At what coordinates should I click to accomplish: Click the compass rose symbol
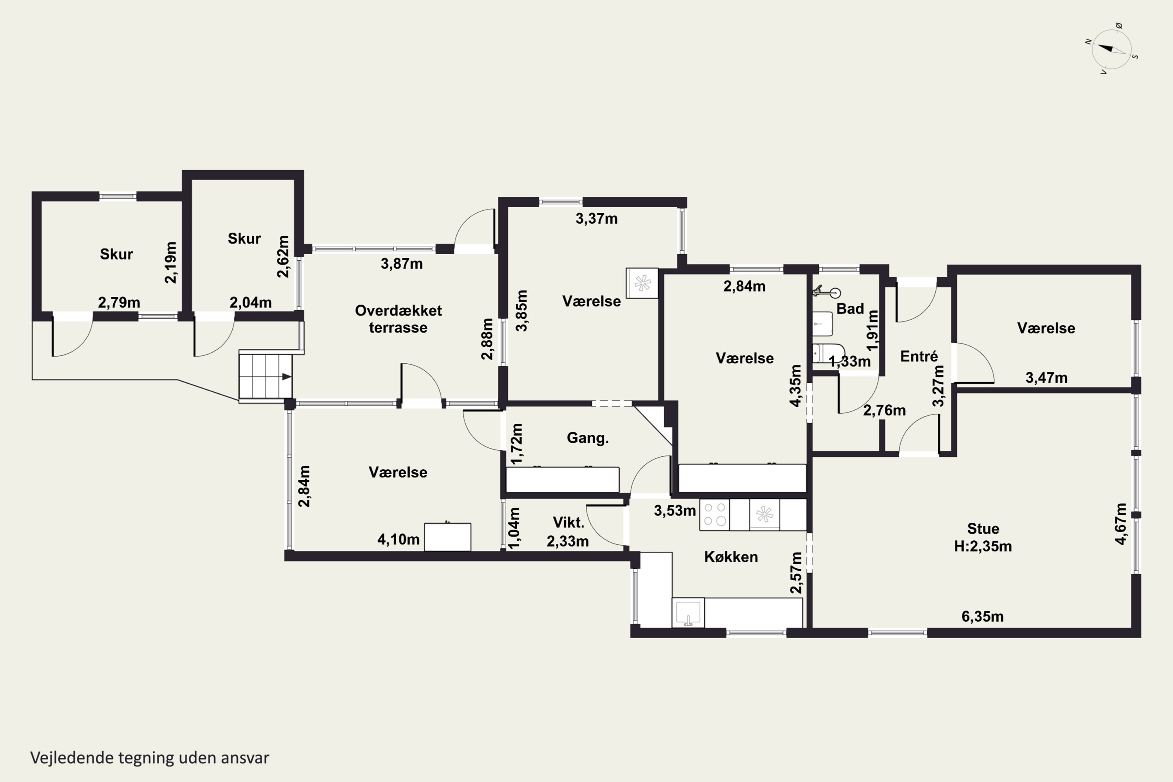pos(1112,49)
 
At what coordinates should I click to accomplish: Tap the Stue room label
pos(983,529)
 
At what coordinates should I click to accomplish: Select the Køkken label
pos(731,557)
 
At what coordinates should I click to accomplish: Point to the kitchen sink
pos(688,612)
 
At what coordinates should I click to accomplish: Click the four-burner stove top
pos(714,515)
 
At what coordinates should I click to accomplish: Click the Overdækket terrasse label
pos(398,319)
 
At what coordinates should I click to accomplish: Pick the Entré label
pos(918,357)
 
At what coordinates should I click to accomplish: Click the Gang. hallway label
pos(588,438)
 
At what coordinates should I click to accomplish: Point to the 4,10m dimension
pos(398,539)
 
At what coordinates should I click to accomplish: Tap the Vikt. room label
pos(568,523)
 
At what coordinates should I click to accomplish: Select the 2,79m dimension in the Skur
pos(119,303)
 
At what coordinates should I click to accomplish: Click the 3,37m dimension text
pos(597,219)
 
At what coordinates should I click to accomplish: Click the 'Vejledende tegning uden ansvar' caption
pos(150,758)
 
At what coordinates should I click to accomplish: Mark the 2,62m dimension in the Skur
pos(283,256)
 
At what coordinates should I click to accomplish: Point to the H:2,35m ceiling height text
pos(983,547)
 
